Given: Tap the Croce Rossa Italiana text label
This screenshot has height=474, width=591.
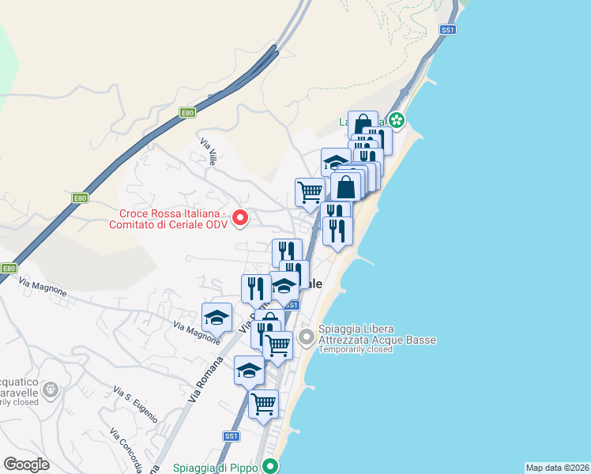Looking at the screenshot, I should coord(174,219).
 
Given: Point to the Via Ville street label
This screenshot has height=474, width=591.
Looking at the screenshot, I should coord(209,152).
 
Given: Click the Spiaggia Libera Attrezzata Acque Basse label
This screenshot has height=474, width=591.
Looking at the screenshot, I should coord(377,334).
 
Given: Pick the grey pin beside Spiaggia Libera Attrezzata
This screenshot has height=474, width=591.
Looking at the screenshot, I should coord(307,336).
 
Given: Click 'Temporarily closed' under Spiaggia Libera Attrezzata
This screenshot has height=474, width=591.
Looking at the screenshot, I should coord(355,349).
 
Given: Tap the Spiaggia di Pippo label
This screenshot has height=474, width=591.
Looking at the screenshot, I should coord(212,468).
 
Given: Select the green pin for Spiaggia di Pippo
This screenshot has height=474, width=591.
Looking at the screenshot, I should coord(270,466).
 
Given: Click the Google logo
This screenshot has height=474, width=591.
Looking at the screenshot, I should coord(26,465).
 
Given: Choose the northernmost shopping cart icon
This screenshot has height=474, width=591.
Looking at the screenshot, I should coord(310,190).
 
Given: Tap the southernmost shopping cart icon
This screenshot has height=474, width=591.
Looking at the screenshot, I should coord(263,404).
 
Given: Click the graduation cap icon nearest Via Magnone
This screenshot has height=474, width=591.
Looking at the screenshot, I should coord(216,317).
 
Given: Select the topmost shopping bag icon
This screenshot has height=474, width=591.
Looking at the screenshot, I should coord(362,124).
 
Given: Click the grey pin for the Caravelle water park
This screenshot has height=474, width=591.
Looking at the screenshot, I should coord(51,389).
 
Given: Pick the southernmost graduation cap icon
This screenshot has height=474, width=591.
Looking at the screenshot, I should coord(249,369).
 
